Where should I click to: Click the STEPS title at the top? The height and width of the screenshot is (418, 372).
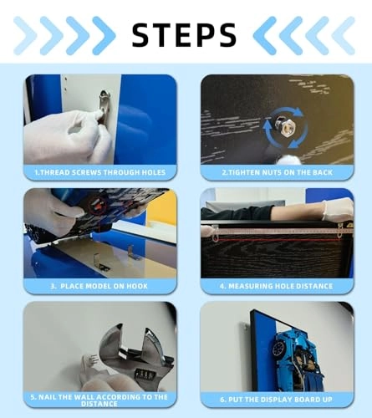[184, 35]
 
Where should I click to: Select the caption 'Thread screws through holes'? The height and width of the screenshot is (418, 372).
[100, 172]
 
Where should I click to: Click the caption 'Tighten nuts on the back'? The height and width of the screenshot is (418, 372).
[278, 172]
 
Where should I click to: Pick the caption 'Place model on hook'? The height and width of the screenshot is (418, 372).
[99, 286]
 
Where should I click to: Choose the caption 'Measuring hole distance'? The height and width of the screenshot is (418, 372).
[277, 286]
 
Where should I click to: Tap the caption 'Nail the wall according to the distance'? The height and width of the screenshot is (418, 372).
[99, 400]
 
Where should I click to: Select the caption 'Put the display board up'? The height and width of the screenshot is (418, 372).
[276, 400]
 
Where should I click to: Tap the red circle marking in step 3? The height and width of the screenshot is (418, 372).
[98, 206]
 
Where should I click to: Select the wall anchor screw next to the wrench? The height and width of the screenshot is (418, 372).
[90, 361]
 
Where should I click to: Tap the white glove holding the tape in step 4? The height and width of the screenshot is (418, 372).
[339, 210]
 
